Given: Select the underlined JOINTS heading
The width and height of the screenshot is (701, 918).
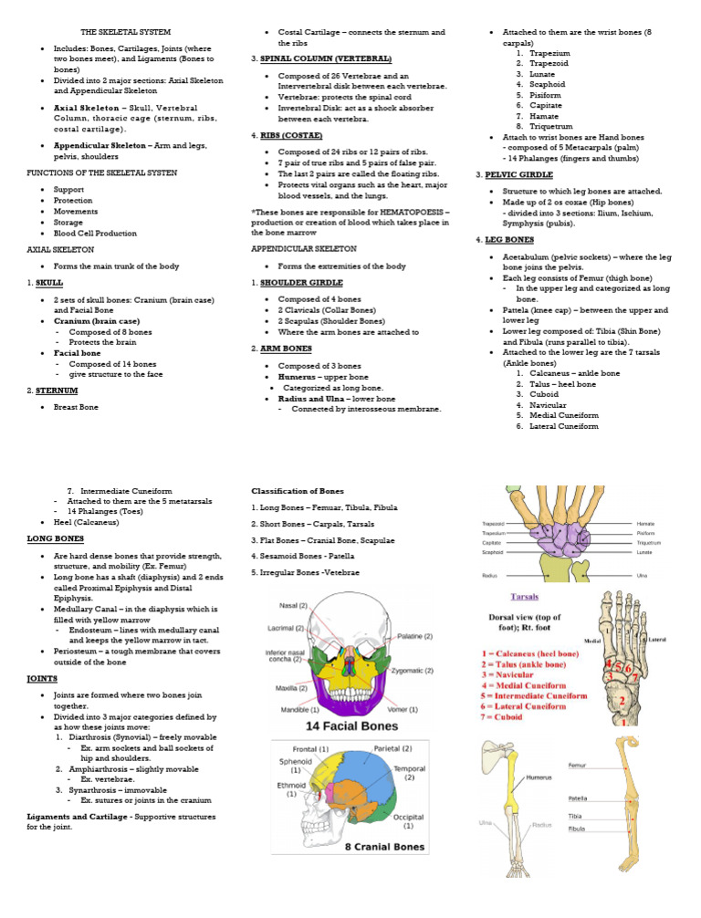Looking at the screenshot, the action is (x=43, y=679).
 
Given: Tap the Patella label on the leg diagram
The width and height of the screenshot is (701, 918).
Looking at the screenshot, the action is (x=577, y=798).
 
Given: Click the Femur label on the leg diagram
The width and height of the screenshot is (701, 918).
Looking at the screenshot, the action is (x=577, y=765).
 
